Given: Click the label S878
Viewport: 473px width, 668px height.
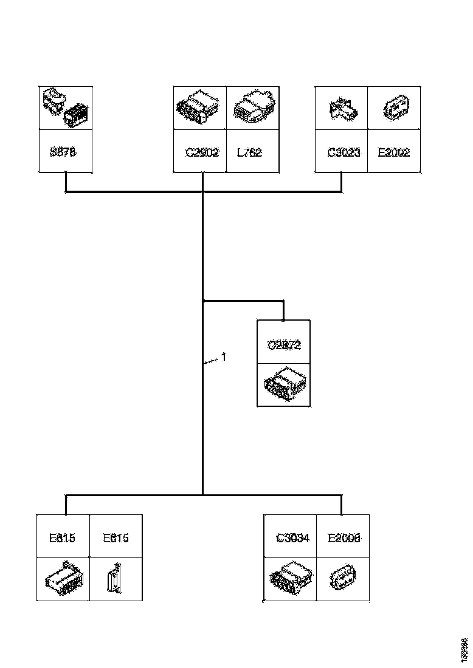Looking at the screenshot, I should coord(63,152).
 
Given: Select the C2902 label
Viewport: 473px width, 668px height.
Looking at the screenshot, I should coord(202,152).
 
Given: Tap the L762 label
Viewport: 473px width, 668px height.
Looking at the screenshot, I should coord(249,152).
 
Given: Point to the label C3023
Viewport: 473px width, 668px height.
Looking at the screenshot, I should coord(344,152).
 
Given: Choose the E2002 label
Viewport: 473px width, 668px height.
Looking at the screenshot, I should coord(394,152).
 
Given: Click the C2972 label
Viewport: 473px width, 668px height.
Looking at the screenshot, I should coord(284,345).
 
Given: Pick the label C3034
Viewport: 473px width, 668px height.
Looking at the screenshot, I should coord(293,537).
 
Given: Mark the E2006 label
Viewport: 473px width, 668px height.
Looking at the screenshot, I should coord(344,537).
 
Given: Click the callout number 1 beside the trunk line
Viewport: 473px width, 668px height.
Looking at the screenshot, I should coord(223,358).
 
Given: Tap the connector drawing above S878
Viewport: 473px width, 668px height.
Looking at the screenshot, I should coord(64,107).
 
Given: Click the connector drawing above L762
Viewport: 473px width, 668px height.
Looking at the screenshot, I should coord(252,108).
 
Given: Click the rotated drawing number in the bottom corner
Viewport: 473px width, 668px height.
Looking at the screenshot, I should coord(464,649).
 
